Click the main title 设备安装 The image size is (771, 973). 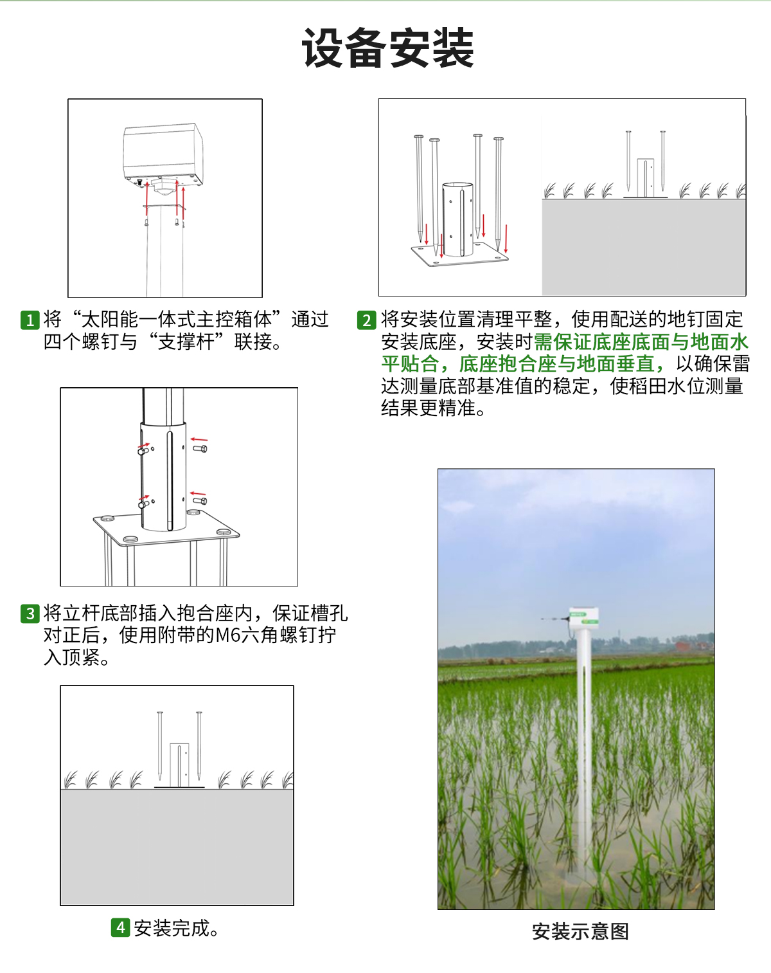click(x=387, y=49)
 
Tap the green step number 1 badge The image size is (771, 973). click(x=30, y=320)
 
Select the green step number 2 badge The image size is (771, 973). click(x=366, y=320)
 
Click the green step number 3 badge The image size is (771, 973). click(x=30, y=614)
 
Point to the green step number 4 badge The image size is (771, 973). click(x=120, y=927)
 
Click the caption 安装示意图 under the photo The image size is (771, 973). click(x=580, y=931)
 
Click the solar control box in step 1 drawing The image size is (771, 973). click(x=163, y=153)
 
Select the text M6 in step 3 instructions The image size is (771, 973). click(x=228, y=635)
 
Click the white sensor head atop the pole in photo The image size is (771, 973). click(x=584, y=618)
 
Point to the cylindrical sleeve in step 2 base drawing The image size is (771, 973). click(x=457, y=219)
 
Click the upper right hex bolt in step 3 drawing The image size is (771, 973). click(x=200, y=448)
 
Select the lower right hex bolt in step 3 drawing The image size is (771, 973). click(x=200, y=500)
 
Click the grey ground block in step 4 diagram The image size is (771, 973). click(x=177, y=846)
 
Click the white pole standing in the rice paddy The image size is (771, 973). click(x=583, y=740)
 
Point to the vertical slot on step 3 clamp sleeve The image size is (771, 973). click(x=170, y=479)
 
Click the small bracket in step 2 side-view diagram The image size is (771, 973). click(x=646, y=177)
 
